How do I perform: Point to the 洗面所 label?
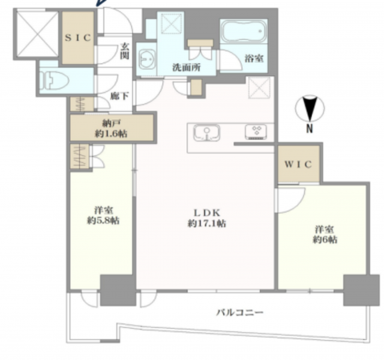click(186, 66)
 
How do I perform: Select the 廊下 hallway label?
click(120, 97)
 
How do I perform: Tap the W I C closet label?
click(298, 166)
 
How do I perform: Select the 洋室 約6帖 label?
click(323, 234)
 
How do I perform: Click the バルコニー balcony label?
click(239, 313)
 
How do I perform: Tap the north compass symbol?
click(313, 108)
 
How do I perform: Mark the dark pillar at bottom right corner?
click(361, 290)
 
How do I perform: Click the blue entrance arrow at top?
click(100, 5)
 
